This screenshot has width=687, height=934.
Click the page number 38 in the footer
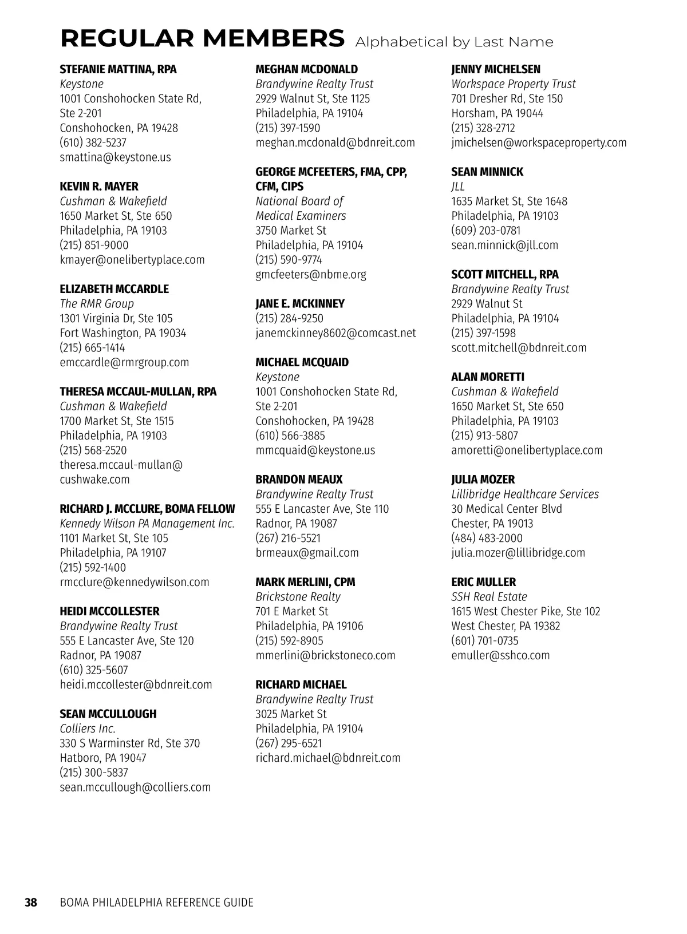pyautogui.click(x=30, y=903)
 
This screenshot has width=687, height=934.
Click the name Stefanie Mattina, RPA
pyautogui.click(x=118, y=70)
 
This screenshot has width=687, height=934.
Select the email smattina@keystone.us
pyautogui.click(x=115, y=157)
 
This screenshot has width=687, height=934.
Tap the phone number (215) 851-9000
pyautogui.click(x=94, y=245)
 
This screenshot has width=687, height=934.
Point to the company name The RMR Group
pyautogui.click(x=97, y=304)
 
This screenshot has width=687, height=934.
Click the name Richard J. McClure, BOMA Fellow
pyautogui.click(x=147, y=509)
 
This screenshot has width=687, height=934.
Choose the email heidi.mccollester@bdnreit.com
pyautogui.click(x=136, y=684)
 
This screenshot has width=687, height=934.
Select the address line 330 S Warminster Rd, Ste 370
pyautogui.click(x=130, y=743)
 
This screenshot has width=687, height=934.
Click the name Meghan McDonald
pyautogui.click(x=306, y=70)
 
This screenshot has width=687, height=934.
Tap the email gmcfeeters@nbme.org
pyautogui.click(x=311, y=275)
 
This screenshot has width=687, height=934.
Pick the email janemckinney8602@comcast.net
pyautogui.click(x=335, y=333)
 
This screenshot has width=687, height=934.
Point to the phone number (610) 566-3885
pyautogui.click(x=290, y=436)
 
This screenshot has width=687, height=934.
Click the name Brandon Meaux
pyautogui.click(x=299, y=480)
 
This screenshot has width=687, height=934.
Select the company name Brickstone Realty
pyautogui.click(x=298, y=597)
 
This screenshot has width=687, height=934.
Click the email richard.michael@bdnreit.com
pyautogui.click(x=328, y=758)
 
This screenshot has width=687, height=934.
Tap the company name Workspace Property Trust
pyautogui.click(x=513, y=84)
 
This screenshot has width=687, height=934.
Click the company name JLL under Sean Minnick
pyautogui.click(x=457, y=187)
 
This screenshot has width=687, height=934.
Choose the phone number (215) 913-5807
pyautogui.click(x=484, y=436)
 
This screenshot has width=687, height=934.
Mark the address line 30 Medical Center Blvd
pyautogui.click(x=506, y=509)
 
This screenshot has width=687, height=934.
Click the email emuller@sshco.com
pyautogui.click(x=500, y=655)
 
